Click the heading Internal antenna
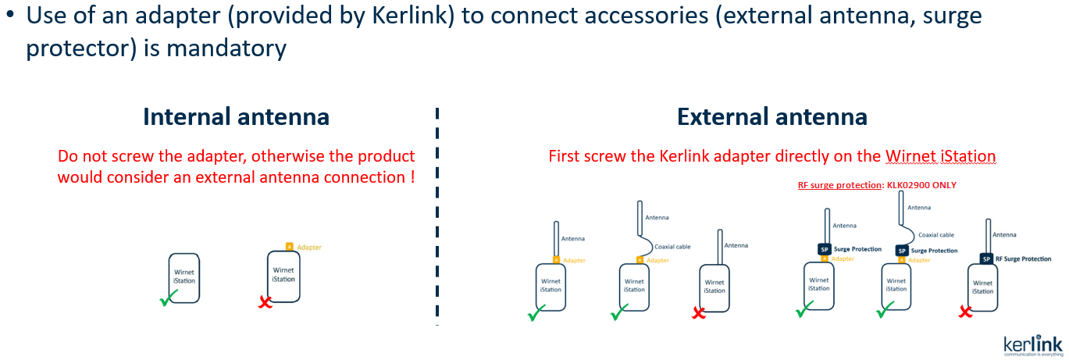(x=236, y=117)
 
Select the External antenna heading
(x=771, y=117)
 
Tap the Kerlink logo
(x=1032, y=345)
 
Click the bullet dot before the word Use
(x=9, y=16)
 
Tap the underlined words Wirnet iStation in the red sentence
(x=941, y=156)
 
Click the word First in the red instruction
(x=564, y=156)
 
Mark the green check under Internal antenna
(x=168, y=298)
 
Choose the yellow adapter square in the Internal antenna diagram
(x=289, y=246)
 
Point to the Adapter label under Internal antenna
(x=309, y=247)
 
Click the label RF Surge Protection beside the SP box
(x=1023, y=258)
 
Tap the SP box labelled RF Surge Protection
(x=986, y=258)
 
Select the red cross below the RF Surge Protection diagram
(x=965, y=312)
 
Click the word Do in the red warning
(x=68, y=156)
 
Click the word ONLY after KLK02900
(x=943, y=185)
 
